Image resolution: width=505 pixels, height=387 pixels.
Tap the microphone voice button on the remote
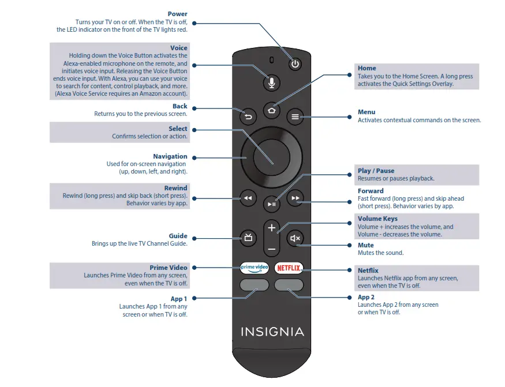coord(271,83)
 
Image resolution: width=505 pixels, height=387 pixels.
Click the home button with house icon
coord(271,110)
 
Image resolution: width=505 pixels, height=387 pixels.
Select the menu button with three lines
coord(295,117)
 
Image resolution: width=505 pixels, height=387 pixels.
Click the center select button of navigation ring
coord(271,157)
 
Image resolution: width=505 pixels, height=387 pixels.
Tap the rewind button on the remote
coord(248,198)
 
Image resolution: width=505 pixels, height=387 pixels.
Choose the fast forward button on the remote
coord(295,198)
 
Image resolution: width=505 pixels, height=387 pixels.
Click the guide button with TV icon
coord(248,237)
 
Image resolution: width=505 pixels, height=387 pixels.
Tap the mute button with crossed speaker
coord(295,238)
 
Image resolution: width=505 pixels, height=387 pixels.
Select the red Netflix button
coord(289,268)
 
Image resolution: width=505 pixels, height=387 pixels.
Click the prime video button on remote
coord(255,268)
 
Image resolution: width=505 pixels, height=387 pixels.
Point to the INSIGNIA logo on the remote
coord(272,332)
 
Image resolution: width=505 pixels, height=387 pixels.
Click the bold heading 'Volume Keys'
coord(377,219)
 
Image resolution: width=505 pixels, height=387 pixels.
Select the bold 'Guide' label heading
coord(178,236)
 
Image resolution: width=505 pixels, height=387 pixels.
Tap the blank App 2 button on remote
coord(289,285)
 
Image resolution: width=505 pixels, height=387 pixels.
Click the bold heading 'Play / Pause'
coord(376,171)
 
